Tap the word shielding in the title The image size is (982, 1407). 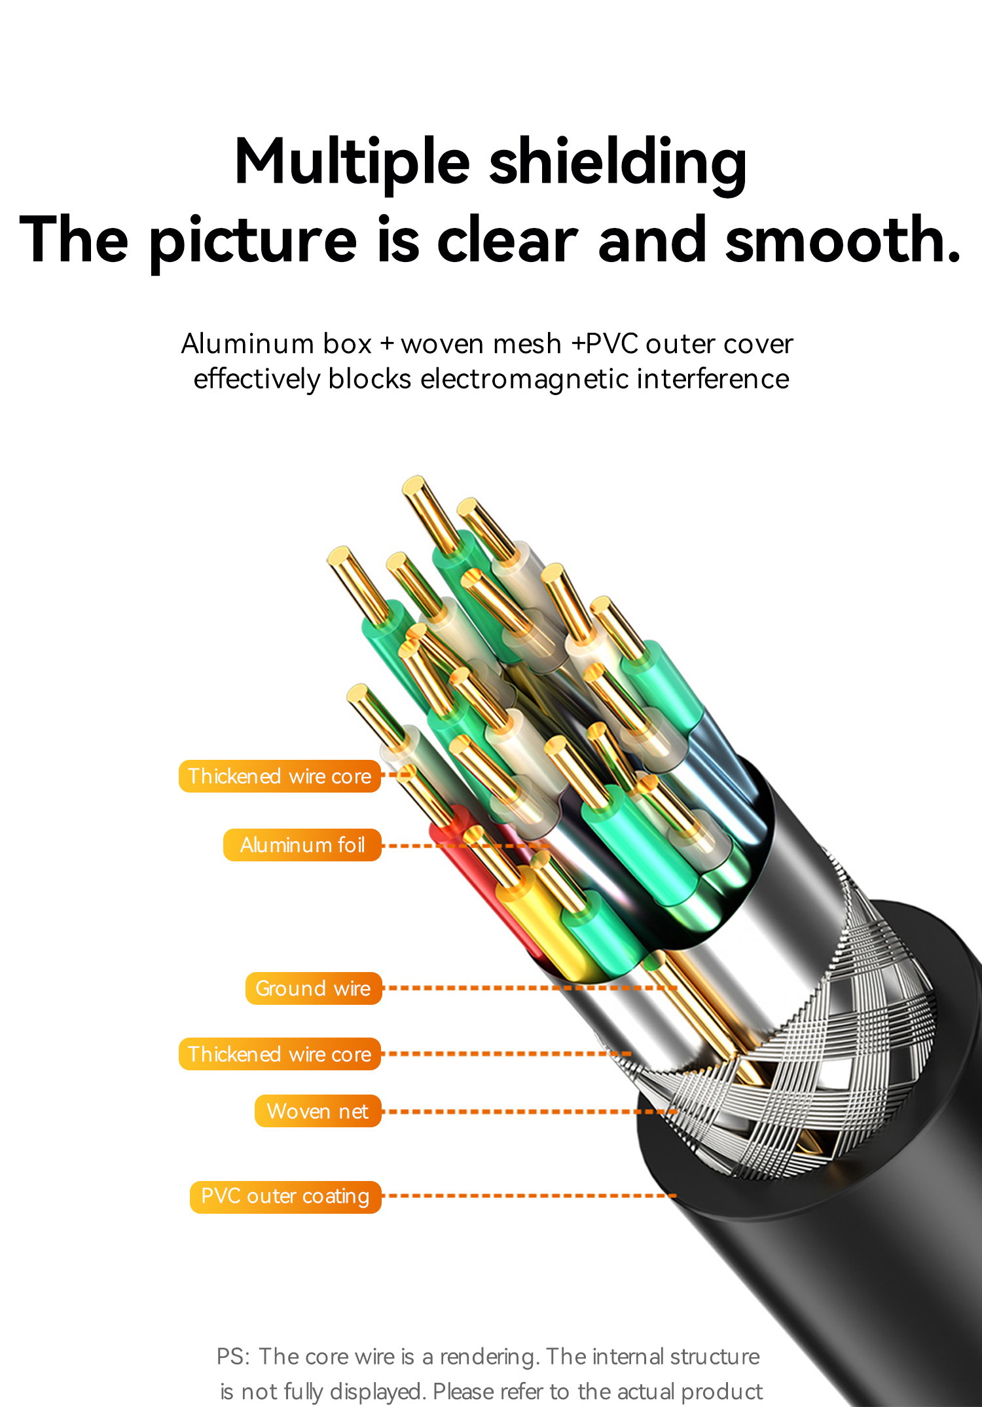point(618,164)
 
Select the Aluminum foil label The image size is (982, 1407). point(302,845)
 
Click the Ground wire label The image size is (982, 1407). point(314,988)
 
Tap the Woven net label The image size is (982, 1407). point(318,1111)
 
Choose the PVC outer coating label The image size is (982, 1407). point(285,1197)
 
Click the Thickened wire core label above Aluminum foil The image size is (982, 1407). point(280,776)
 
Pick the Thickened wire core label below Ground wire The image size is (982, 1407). point(280,1054)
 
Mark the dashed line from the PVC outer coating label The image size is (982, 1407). point(529,1196)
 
